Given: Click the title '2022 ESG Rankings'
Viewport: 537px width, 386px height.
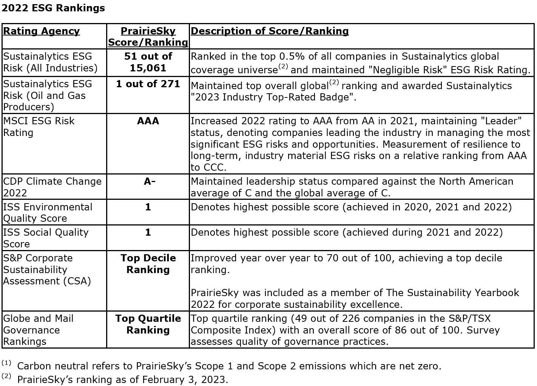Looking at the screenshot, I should [x=53, y=8].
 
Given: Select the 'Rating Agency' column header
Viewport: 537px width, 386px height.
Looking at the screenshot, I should [x=41, y=31].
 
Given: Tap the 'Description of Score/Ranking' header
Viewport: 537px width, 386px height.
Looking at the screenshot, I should [x=270, y=31].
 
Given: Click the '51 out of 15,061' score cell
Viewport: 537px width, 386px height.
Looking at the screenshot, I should [x=148, y=62].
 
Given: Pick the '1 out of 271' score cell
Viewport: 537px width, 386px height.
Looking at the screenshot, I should [x=148, y=83].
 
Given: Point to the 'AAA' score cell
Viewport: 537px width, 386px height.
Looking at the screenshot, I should [x=148, y=121].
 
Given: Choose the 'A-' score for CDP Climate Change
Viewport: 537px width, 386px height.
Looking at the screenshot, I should [x=149, y=181].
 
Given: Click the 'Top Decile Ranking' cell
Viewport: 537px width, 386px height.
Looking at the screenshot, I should [x=148, y=264].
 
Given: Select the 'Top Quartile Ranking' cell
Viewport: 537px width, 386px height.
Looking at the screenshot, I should [x=148, y=324].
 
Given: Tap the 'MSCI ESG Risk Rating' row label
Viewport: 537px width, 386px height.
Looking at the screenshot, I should [x=39, y=127].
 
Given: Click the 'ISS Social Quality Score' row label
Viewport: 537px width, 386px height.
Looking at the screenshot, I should [x=46, y=238].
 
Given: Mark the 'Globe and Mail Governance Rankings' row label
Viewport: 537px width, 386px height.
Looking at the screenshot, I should [x=39, y=330].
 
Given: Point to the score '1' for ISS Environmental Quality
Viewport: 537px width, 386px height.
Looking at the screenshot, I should [x=148, y=207].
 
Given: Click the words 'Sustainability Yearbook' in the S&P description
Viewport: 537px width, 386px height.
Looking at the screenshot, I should [x=459, y=293].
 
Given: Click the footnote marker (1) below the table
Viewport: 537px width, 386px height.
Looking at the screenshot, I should [x=6, y=363].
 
